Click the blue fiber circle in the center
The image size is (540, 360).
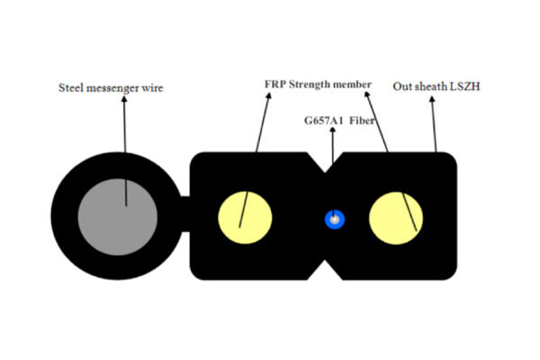336,219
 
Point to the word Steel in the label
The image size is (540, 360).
74,88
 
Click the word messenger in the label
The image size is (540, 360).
118,88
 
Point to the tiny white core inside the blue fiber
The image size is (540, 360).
335,219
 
